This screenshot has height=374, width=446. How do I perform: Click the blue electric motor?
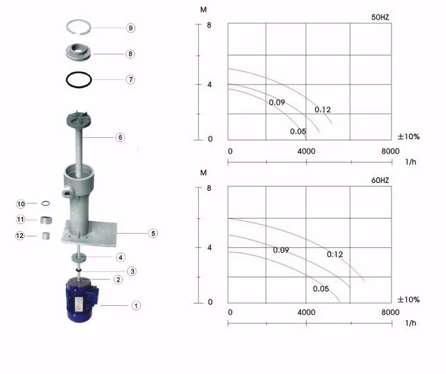pyautogui.click(x=81, y=301)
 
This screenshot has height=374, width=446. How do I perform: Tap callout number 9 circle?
pyautogui.click(x=131, y=28)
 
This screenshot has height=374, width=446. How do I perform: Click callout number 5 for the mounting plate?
pyautogui.click(x=153, y=234)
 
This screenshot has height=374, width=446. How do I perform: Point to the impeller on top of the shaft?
pyautogui.click(x=78, y=119)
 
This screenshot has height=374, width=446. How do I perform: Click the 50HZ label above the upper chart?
pyautogui.click(x=380, y=17)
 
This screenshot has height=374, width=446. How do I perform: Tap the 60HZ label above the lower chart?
pyautogui.click(x=380, y=180)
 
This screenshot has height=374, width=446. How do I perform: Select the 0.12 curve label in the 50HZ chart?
pyautogui.click(x=323, y=110)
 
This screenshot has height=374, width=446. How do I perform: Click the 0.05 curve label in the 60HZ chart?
pyautogui.click(x=321, y=289)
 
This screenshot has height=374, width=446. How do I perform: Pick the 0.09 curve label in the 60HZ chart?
pyautogui.click(x=281, y=250)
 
